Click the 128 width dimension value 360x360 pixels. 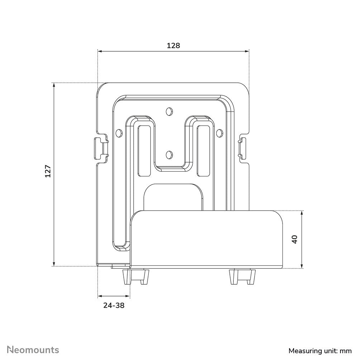pos(173,46)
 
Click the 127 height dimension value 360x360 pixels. pos(48,171)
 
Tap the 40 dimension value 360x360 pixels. pos(295,239)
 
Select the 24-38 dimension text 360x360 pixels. pos(114,305)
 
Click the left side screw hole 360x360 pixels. pos(118,133)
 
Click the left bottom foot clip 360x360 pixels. pos(136,276)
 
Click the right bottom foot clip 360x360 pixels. pos(242,276)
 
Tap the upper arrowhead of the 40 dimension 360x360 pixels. pos(302,213)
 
